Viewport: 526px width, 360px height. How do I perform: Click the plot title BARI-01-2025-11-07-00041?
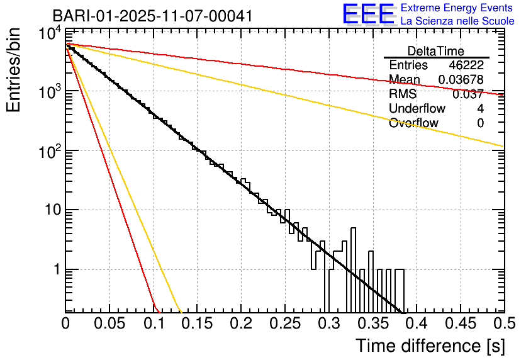(x=153, y=16)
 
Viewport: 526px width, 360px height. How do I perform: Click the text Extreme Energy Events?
(x=457, y=8)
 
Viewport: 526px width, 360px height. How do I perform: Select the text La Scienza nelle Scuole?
(x=457, y=21)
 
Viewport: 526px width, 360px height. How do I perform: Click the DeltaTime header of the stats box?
(x=436, y=51)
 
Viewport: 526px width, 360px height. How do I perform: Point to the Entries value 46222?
(x=466, y=65)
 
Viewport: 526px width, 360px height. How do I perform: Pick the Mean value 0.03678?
(x=461, y=79)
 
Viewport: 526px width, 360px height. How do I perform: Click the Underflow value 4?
(x=480, y=109)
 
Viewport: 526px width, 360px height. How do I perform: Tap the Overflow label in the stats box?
(x=413, y=123)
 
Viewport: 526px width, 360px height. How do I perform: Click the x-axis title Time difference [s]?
(x=430, y=346)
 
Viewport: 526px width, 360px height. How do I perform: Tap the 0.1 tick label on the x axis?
(x=153, y=324)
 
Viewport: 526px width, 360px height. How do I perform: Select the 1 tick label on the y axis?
(x=55, y=269)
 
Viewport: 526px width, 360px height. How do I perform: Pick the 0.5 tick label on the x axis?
(x=503, y=324)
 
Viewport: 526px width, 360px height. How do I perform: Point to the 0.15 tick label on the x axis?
(x=197, y=324)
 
